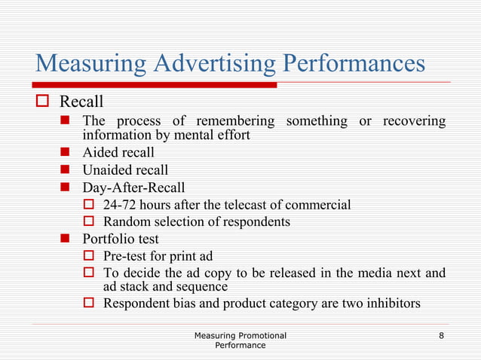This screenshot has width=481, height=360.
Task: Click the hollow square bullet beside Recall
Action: (x=43, y=102)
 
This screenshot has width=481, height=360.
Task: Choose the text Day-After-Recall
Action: (x=133, y=188)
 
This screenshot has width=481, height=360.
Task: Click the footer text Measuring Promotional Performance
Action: (x=240, y=339)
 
